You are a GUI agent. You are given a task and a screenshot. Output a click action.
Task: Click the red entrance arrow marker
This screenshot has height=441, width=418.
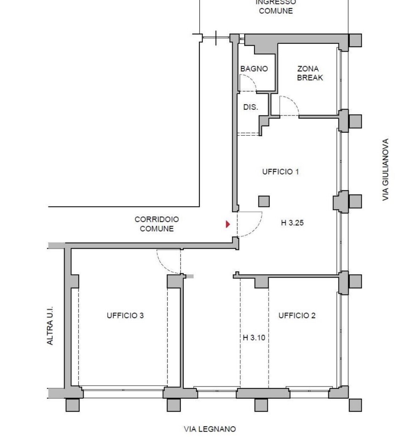tap(228, 224)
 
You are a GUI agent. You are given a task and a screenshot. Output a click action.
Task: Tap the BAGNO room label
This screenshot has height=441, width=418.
tap(254, 69)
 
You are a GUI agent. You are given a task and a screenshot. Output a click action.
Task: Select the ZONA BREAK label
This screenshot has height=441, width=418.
tap(310, 73)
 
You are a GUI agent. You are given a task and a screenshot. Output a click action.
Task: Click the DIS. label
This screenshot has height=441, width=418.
tap(250, 107)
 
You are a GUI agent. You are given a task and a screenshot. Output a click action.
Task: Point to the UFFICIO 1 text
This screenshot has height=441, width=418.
tap(281, 172)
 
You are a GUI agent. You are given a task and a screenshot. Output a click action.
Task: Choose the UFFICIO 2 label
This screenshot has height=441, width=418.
tap(297, 316)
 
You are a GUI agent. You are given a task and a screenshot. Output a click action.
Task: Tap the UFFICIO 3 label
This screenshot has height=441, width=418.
tap(125, 316)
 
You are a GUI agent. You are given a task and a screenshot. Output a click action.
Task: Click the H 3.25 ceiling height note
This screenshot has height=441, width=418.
tap(292, 223)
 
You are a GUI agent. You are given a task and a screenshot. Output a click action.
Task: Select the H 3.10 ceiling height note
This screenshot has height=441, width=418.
tap(254, 337)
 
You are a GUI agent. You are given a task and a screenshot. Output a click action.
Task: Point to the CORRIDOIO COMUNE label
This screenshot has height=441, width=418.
tap(157, 224)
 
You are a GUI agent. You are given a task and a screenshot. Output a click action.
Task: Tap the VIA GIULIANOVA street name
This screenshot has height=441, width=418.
tap(385, 169)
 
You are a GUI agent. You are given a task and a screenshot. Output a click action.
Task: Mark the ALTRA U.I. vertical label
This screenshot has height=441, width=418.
tap(50, 325)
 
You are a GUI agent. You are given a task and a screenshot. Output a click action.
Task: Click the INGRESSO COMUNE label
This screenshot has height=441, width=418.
tap(276, 7)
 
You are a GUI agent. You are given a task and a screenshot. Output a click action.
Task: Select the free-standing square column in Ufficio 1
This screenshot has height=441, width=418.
tap(264, 201)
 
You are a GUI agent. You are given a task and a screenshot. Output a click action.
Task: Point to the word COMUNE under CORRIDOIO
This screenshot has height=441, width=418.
tap(157, 229)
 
